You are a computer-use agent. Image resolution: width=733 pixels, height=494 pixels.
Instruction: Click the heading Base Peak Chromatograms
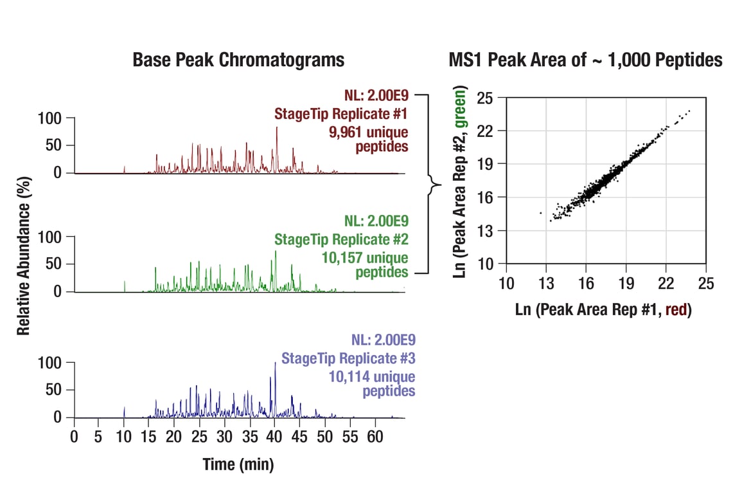pyautogui.click(x=238, y=60)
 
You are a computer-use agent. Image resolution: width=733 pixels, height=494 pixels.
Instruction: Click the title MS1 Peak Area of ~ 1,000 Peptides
pyautogui.click(x=585, y=60)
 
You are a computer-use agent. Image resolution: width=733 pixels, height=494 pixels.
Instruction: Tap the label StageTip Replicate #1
pyautogui.click(x=341, y=114)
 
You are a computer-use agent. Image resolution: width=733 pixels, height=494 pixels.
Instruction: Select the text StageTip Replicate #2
pyautogui.click(x=341, y=239)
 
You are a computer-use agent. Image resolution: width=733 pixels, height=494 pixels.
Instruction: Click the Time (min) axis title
pyautogui.click(x=238, y=464)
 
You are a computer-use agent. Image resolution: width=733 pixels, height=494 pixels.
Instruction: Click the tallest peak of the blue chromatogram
pyautogui.click(x=275, y=364)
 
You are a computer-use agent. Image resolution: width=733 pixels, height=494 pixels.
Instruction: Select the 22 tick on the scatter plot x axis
pyautogui.click(x=666, y=282)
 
